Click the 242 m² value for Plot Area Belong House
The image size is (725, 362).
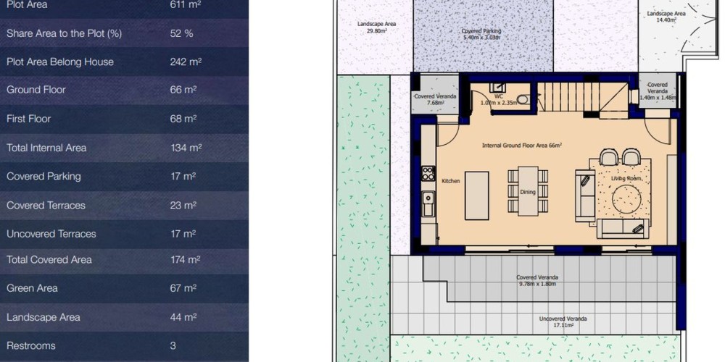(x=186, y=62)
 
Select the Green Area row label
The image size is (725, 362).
(x=32, y=288)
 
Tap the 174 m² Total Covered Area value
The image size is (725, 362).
(x=185, y=259)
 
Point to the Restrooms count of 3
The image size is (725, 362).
(x=173, y=346)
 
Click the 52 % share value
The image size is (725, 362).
(x=181, y=33)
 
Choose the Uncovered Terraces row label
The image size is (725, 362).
(x=51, y=234)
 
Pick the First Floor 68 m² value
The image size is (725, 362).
(x=183, y=119)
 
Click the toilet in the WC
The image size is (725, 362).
(x=523, y=99)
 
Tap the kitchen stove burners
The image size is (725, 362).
(x=428, y=174)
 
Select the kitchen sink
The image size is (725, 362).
(x=428, y=203)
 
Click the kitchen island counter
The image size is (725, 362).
(x=477, y=195)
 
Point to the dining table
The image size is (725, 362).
(x=528, y=191)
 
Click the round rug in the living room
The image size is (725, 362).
(x=627, y=198)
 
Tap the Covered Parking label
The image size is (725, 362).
(x=481, y=34)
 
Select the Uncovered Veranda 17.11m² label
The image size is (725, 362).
(x=563, y=322)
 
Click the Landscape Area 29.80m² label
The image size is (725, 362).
(x=377, y=28)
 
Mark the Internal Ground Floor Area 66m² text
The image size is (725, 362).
(x=522, y=145)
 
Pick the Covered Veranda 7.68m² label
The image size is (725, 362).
(x=435, y=99)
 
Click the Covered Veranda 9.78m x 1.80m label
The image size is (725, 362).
(x=536, y=281)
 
